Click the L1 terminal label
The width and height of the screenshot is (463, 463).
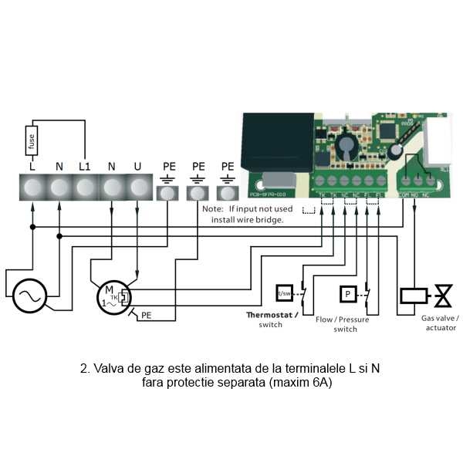[84, 166]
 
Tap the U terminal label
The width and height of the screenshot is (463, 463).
[137, 166]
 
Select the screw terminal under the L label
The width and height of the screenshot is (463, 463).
[32, 188]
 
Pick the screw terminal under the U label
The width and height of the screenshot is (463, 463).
[137, 188]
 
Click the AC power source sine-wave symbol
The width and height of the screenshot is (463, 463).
[30, 295]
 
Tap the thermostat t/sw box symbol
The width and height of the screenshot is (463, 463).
[284, 293]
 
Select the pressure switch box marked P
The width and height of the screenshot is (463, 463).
[347, 294]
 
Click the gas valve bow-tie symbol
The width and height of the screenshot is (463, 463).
[444, 296]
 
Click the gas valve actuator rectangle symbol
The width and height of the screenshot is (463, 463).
[411, 296]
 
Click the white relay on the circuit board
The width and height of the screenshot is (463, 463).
[438, 143]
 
